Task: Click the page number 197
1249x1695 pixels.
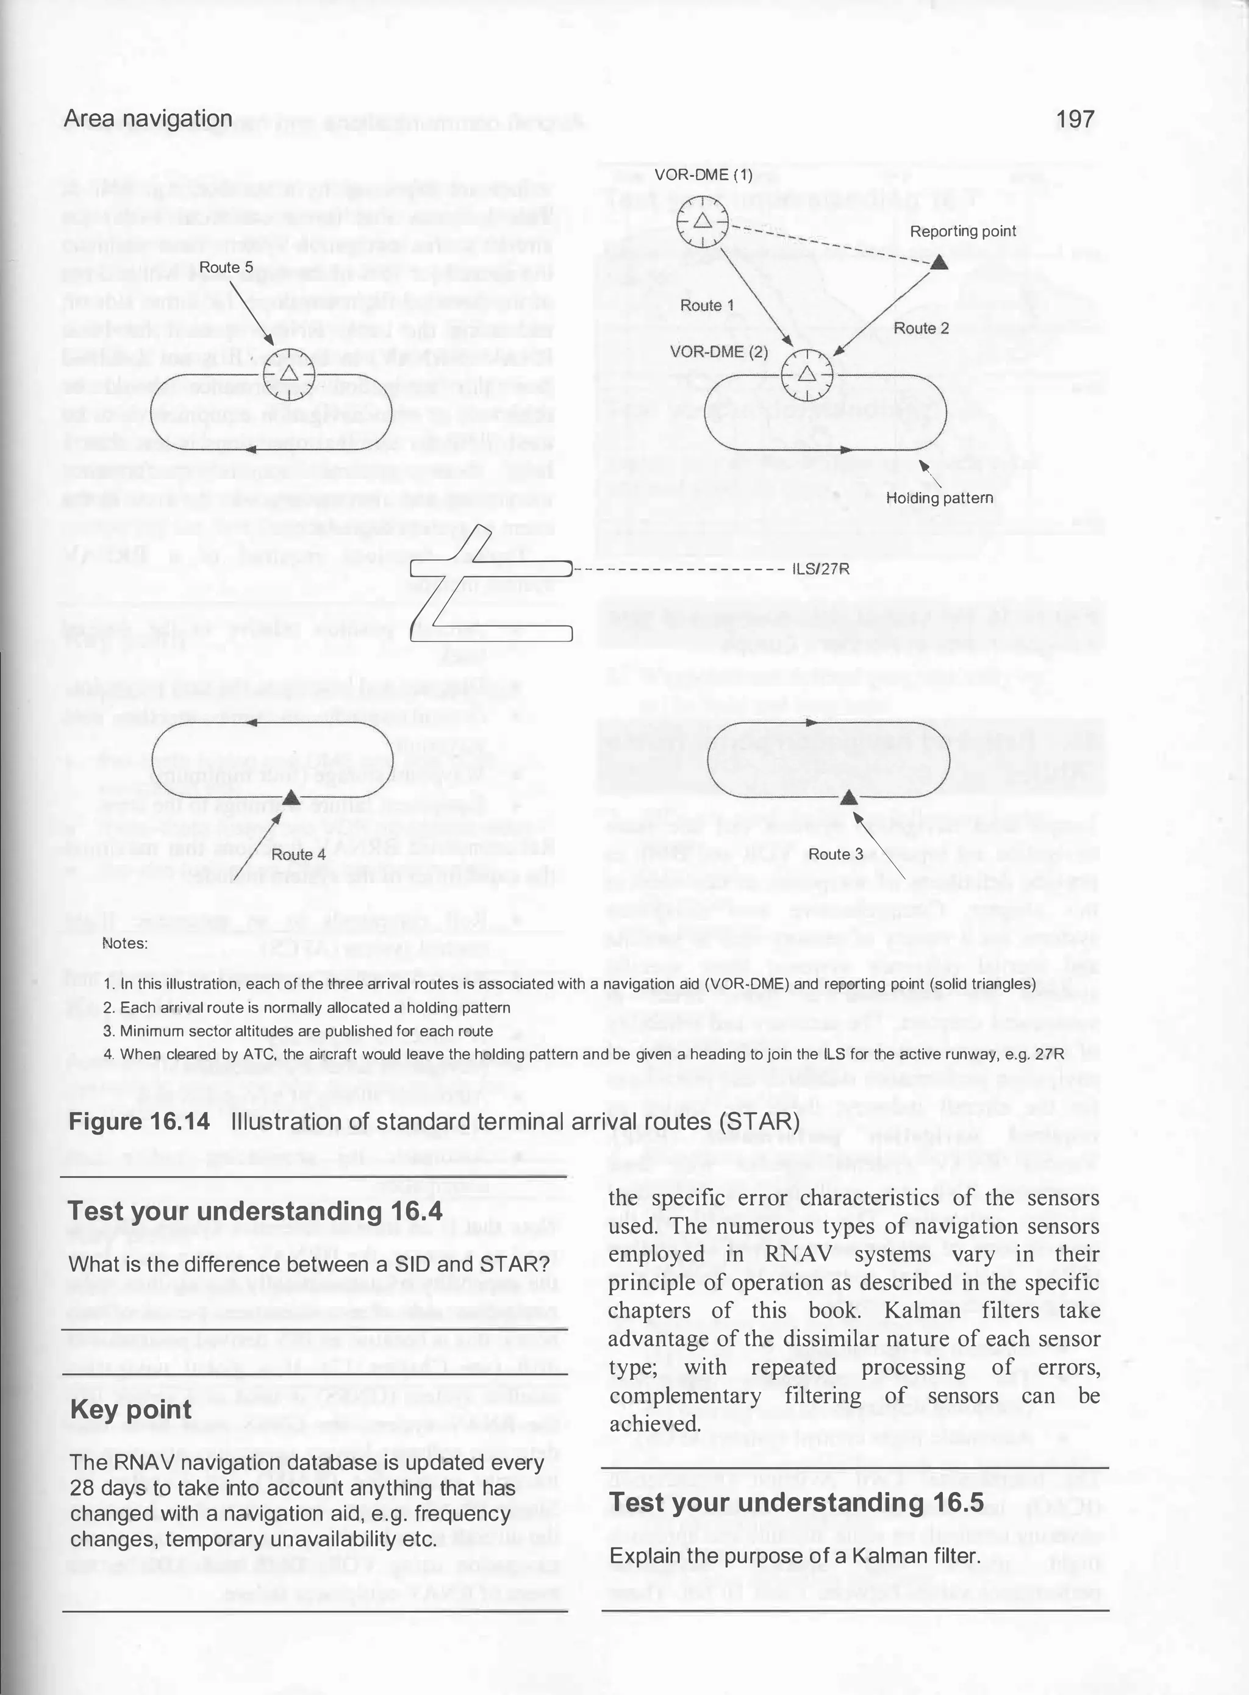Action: [1075, 119]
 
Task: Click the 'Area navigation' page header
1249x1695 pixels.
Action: [148, 119]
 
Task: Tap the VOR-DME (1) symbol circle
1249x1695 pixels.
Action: [701, 221]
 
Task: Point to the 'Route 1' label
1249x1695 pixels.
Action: [706, 305]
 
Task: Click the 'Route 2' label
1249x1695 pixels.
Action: [920, 328]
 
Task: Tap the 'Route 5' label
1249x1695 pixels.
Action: [226, 268]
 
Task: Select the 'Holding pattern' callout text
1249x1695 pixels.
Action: [939, 498]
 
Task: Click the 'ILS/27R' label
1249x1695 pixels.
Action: [820, 569]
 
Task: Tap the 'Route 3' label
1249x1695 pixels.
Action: [836, 854]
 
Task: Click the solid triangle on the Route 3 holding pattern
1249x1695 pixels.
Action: [849, 798]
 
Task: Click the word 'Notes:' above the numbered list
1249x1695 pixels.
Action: [125, 943]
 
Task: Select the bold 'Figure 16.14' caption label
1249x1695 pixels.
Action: [139, 1121]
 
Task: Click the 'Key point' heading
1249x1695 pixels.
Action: [131, 1410]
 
